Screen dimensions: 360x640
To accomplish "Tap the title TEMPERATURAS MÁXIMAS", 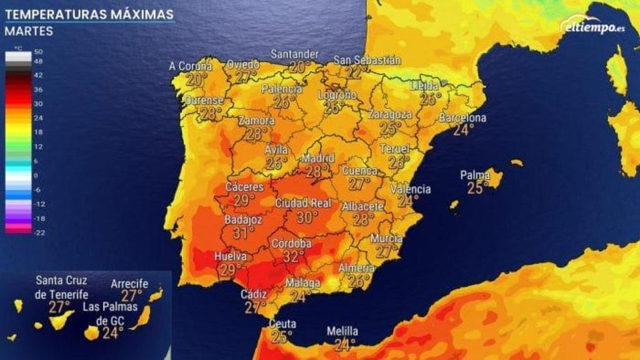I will (89, 14).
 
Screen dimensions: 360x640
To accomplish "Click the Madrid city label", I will (317, 157).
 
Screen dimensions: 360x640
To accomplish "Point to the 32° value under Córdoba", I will (293, 256).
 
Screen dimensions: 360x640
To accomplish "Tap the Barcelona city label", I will (462, 117).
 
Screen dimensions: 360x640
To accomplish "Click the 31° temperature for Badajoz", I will (243, 232).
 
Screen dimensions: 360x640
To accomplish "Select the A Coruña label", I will (190, 66).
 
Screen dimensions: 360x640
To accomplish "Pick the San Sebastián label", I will (367, 61).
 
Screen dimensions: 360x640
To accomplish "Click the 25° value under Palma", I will (475, 187).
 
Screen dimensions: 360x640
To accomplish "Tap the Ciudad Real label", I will (303, 203).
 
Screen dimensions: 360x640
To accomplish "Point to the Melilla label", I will (342, 331).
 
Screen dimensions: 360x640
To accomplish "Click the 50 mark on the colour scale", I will (38, 51).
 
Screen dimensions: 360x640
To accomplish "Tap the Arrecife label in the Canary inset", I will (129, 284).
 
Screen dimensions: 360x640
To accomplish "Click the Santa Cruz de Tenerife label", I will (61, 287).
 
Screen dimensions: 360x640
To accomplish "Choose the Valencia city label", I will (410, 189).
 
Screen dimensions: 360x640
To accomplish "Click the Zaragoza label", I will (390, 115).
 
